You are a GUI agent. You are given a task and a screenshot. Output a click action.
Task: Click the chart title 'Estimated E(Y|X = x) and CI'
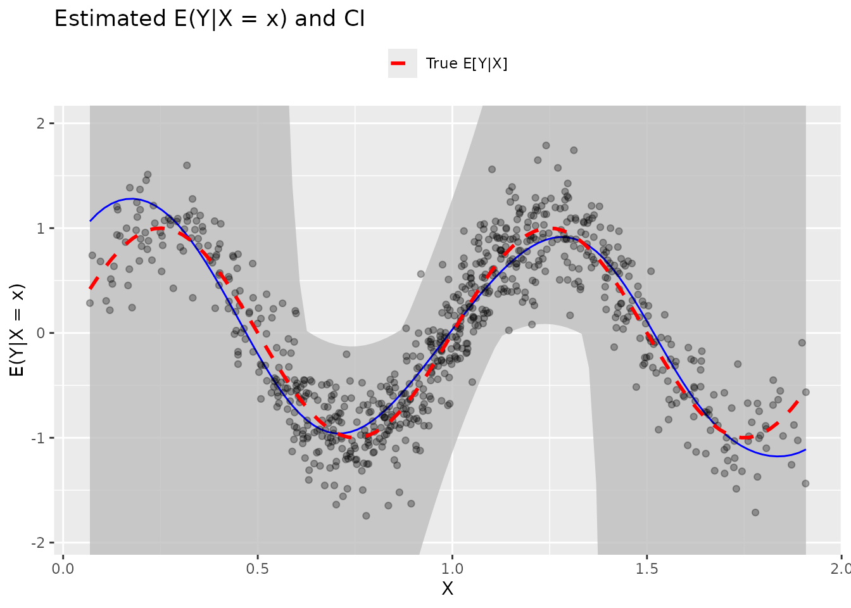[210, 19]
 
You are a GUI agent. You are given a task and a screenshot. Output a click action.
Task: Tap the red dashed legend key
[403, 63]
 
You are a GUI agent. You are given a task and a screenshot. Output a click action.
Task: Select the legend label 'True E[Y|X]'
[467, 63]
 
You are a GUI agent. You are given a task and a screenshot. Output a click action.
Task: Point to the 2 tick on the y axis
[41, 123]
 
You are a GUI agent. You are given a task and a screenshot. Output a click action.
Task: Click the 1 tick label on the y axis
[41, 229]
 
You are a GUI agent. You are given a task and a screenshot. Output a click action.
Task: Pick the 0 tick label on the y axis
[41, 333]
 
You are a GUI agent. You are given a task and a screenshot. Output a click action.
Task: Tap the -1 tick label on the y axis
[38, 438]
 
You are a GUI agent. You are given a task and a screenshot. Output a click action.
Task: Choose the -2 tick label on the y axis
[38, 543]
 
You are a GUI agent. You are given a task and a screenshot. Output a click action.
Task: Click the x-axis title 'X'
[447, 589]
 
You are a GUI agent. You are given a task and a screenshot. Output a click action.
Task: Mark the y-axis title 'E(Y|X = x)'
[18, 329]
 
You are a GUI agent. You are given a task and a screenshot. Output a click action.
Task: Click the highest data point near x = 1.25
[546, 146]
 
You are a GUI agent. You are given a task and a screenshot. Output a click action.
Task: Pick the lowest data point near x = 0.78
[366, 516]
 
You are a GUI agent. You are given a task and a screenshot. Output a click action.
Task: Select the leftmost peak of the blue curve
[130, 199]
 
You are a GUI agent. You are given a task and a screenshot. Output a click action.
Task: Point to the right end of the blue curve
[805, 450]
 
